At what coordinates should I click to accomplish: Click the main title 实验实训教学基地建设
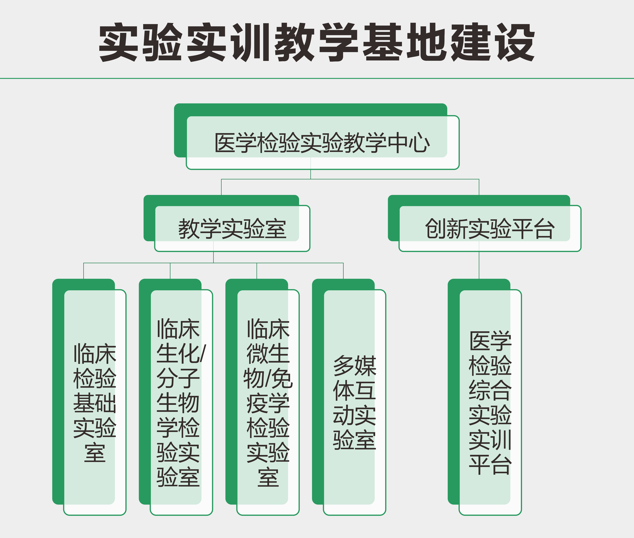pos(317,42)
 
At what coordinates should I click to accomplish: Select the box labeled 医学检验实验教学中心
pos(317,136)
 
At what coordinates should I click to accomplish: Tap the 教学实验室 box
pos(227,223)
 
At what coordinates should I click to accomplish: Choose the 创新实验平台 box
pos(484,223)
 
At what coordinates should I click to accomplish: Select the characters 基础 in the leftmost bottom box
pos(95,403)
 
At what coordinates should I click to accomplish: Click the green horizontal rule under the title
pos(317,78)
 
